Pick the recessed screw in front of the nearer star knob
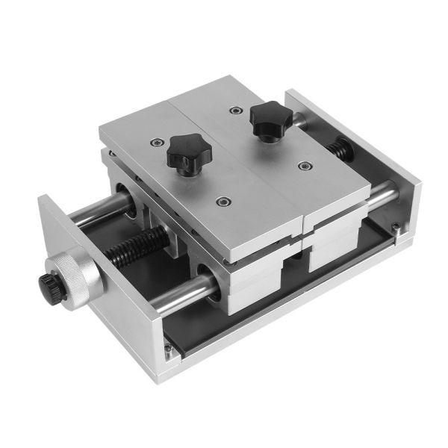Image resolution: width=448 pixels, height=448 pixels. [222, 201]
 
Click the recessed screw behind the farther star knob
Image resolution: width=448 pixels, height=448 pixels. [236, 109]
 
